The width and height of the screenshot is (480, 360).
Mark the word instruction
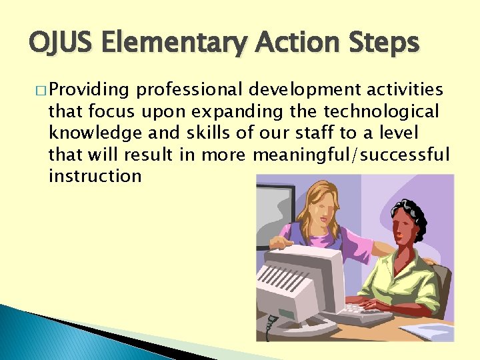tap(94, 176)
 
